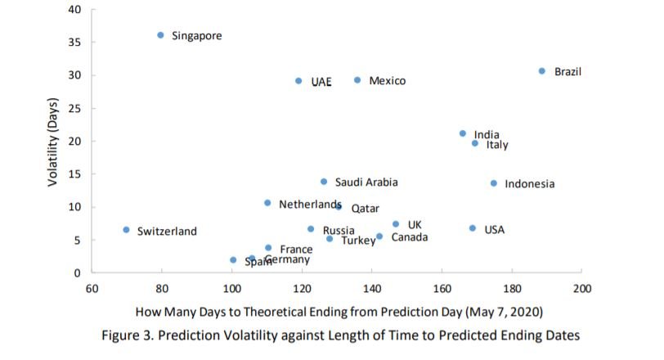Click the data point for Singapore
point(160,35)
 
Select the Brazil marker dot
point(541,71)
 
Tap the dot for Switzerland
point(126,230)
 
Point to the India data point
point(463,133)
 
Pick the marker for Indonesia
point(494,183)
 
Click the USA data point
point(473,228)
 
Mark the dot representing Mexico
point(357,80)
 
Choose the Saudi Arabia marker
point(324,182)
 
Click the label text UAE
point(321,82)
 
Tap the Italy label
point(497,145)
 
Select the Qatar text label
point(365,209)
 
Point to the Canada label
point(409,237)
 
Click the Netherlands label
point(309,204)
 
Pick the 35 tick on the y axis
point(75,43)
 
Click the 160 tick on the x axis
point(442,289)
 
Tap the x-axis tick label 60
point(92,289)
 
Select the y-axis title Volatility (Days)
point(53,141)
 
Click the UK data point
point(396,224)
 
